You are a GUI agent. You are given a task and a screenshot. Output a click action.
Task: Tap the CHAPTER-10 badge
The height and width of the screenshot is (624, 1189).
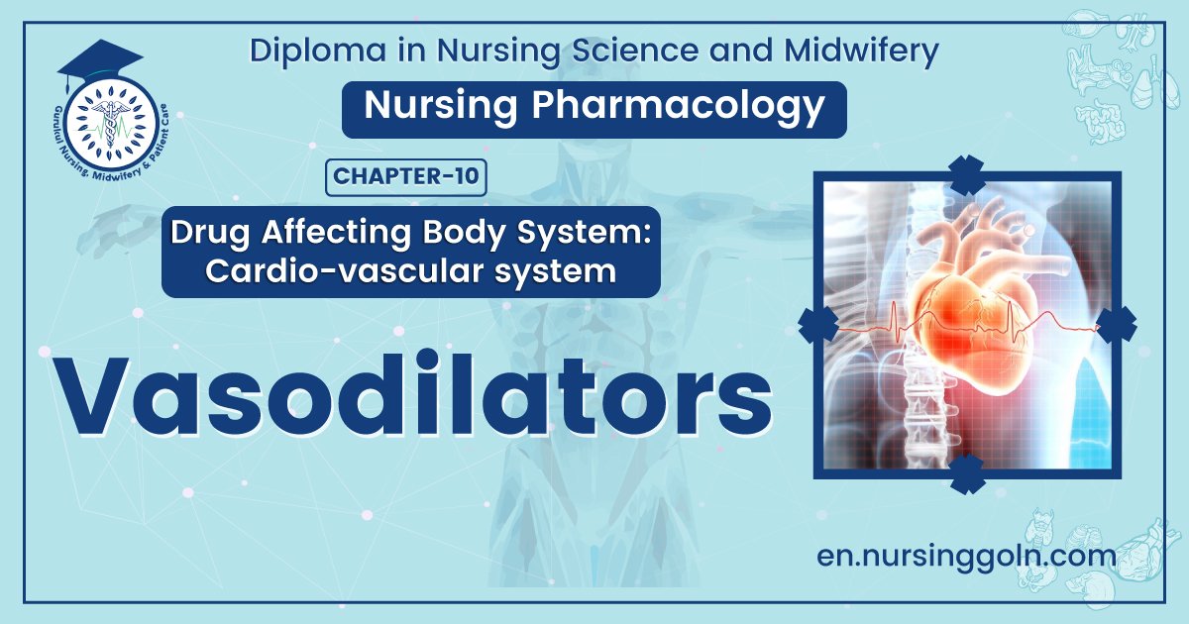[x=406, y=177]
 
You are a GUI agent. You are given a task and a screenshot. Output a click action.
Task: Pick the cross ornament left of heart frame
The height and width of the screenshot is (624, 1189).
[x=817, y=324]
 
